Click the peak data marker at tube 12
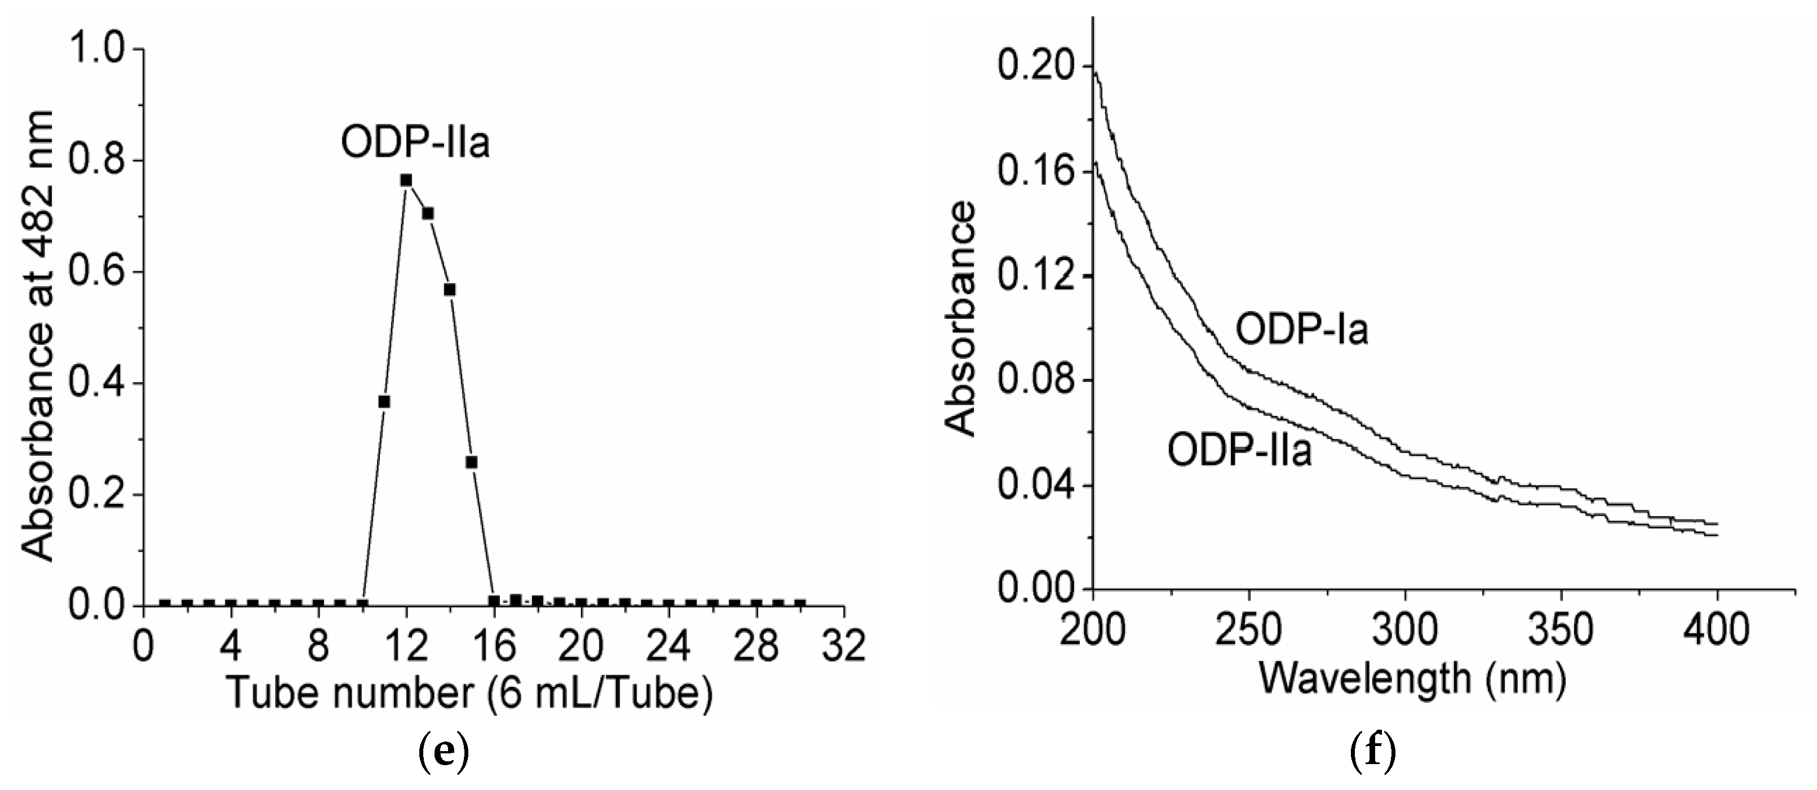coord(406,180)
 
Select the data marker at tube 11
coord(384,401)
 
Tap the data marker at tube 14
coord(450,289)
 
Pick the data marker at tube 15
coord(472,462)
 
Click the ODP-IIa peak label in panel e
coord(415,143)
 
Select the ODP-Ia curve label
coord(1302,330)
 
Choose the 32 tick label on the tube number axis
coord(844,646)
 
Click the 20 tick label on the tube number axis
coord(581,646)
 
